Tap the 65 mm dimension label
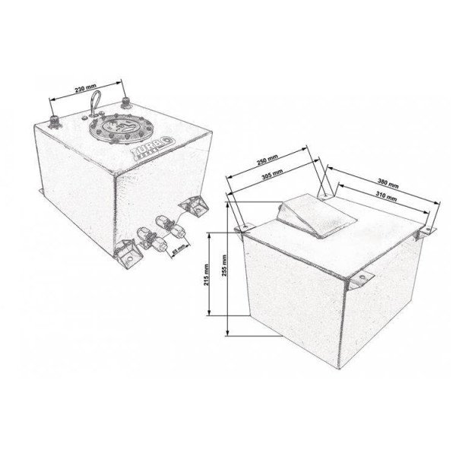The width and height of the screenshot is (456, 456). pos(178,250)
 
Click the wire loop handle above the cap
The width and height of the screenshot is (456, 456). pos(97,103)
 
